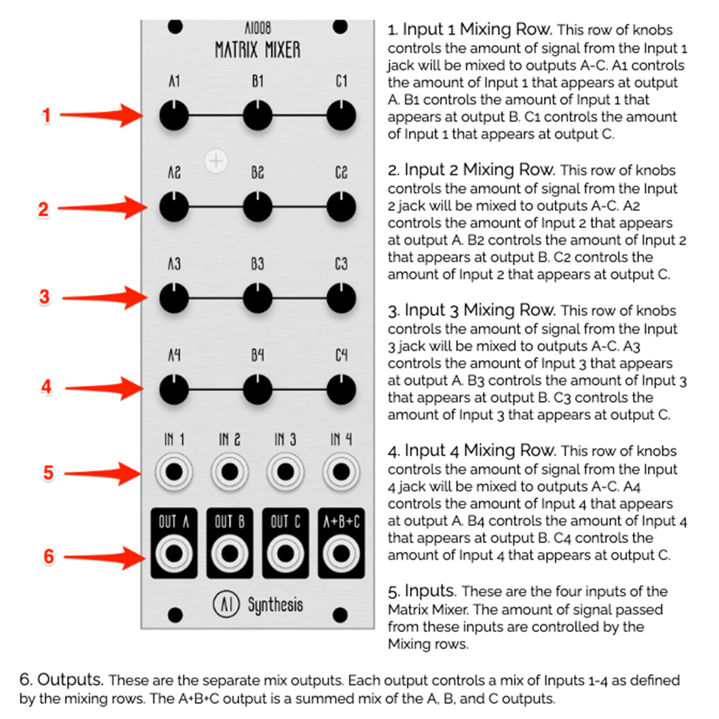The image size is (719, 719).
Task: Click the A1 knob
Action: [x=174, y=115]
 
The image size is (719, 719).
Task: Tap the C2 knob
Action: [x=341, y=206]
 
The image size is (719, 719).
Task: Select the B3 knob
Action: [x=257, y=298]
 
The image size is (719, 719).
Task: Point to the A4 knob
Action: [x=174, y=389]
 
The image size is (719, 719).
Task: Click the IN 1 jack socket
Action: [x=174, y=471]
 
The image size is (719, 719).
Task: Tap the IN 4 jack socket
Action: [x=341, y=471]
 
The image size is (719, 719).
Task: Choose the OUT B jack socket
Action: [x=230, y=554]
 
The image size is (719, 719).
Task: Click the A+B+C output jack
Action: [x=341, y=554]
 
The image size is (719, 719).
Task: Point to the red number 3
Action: [x=44, y=297]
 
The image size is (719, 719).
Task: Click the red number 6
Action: [x=49, y=556]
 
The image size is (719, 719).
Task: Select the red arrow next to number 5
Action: [x=103, y=474]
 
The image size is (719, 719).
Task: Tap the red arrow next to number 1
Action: [x=102, y=115]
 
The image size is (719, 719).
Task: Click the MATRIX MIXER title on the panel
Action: [x=257, y=50]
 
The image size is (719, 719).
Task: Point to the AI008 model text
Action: [x=258, y=28]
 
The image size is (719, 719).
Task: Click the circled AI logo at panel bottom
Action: [x=226, y=604]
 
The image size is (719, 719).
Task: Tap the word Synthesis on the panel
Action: [x=275, y=605]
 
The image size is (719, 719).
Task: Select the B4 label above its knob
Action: [x=257, y=355]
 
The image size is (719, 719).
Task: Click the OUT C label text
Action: [x=286, y=522]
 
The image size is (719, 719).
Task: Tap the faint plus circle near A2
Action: [x=216, y=162]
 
